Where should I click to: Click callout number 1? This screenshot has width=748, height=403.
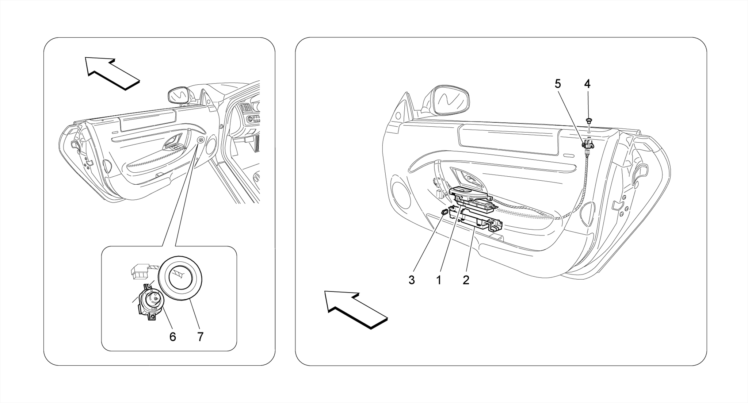[439, 280]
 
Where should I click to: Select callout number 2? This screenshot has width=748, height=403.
[466, 280]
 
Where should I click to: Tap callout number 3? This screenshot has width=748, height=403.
[412, 280]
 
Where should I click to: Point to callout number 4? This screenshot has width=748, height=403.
[587, 84]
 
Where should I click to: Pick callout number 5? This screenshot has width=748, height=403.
[558, 84]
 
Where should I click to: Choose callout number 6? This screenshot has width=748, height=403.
[173, 337]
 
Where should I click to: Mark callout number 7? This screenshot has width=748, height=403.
[200, 337]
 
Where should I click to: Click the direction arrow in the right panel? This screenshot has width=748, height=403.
[354, 308]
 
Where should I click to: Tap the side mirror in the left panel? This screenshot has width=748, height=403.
[178, 96]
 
